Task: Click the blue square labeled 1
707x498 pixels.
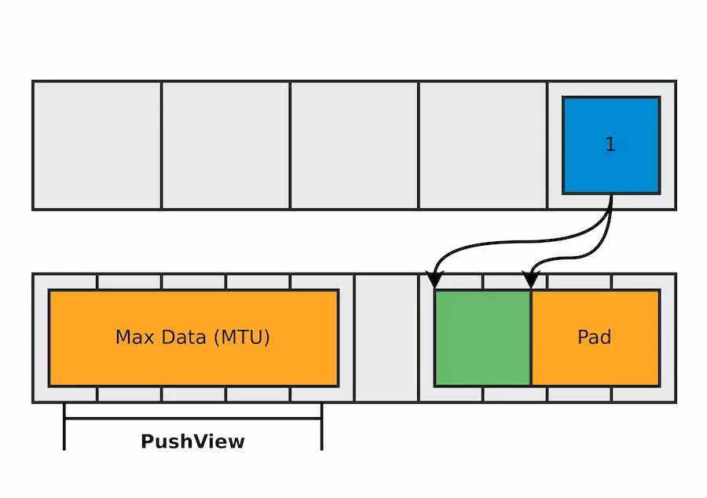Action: click(x=611, y=145)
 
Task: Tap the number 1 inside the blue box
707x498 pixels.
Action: click(x=610, y=145)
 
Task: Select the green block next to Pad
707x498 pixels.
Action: click(x=482, y=338)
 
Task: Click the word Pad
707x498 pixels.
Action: click(x=595, y=337)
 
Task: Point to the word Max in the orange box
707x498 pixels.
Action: click(x=134, y=337)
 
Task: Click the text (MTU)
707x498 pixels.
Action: click(x=242, y=337)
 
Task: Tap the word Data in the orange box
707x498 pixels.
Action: click(x=184, y=337)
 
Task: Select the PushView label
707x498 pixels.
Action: click(x=192, y=441)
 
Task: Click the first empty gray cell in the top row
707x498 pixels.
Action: click(x=97, y=145)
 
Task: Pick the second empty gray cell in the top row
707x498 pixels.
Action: click(x=225, y=145)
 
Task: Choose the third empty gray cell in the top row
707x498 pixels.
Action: click(x=354, y=145)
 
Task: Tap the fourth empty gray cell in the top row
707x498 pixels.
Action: click(x=483, y=145)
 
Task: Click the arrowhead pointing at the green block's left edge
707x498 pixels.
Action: click(x=434, y=279)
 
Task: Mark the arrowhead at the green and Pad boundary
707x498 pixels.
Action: click(x=531, y=279)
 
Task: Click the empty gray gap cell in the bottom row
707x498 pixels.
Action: click(x=386, y=338)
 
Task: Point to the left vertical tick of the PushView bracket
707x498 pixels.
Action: click(x=64, y=427)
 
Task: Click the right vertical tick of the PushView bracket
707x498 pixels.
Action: click(x=322, y=427)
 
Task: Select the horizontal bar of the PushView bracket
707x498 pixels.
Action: click(x=193, y=418)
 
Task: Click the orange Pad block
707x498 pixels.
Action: click(x=595, y=338)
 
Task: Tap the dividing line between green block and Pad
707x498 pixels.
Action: click(x=532, y=338)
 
